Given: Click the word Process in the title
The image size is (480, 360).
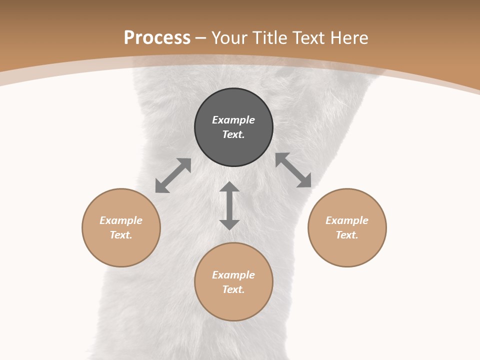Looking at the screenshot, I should pos(157,38).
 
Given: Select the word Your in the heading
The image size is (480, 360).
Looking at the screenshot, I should pos(230,38).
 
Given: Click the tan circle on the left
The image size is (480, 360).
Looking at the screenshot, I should pos(121,250).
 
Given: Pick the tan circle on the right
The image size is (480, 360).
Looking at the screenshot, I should pos(347,250).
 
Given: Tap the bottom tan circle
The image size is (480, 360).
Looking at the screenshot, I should pos(233,305).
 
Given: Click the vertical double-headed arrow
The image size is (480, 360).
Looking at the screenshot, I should pos(229,205).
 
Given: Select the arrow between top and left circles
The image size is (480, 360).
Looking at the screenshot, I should pos(173,175).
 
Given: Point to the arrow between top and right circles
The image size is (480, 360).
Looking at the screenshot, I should pos(293,170).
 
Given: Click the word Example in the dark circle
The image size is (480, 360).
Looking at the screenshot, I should pos(233,120).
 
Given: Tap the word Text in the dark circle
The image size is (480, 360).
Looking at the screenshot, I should pos(233,134).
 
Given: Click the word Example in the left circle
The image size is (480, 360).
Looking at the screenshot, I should pos(121,220).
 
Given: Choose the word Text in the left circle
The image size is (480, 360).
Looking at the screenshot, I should pos(121,235).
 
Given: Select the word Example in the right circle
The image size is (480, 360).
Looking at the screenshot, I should pos(347,220).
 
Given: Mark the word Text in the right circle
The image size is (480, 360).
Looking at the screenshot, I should pos(347,235).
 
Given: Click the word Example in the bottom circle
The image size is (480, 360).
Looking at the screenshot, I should pos(233,275).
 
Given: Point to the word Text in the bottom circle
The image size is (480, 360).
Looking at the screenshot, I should pos(233,289).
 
